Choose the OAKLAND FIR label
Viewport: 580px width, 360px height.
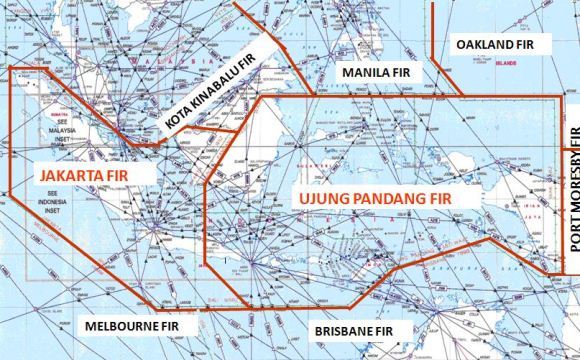click(x=497, y=45)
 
